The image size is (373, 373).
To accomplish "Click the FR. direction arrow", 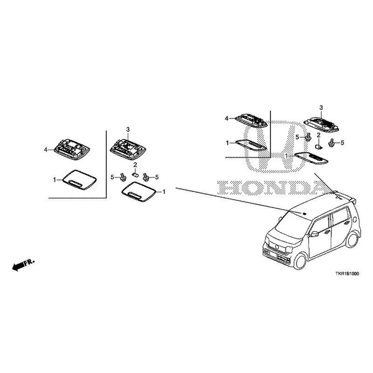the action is [x=23, y=264].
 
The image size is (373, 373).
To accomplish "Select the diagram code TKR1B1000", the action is [x=347, y=274].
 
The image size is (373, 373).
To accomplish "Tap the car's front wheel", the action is [x=299, y=261].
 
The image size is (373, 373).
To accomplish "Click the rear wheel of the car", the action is [x=352, y=240].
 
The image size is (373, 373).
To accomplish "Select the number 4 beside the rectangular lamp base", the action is [x=46, y=149].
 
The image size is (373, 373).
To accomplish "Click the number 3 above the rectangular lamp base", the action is [x=128, y=130].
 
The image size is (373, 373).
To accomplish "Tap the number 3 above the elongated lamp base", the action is [x=321, y=108].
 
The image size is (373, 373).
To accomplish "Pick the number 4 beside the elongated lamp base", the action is [x=227, y=118].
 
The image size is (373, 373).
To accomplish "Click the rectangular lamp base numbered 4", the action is [x=72, y=149].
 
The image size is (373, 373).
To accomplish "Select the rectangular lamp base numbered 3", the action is [x=128, y=150].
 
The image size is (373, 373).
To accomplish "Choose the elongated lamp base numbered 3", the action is [x=321, y=124].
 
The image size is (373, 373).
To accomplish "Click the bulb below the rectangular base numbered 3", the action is [x=135, y=175].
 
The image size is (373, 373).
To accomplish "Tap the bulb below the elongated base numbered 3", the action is [x=318, y=147].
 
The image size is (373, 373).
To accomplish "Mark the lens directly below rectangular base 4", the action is [x=80, y=180].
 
